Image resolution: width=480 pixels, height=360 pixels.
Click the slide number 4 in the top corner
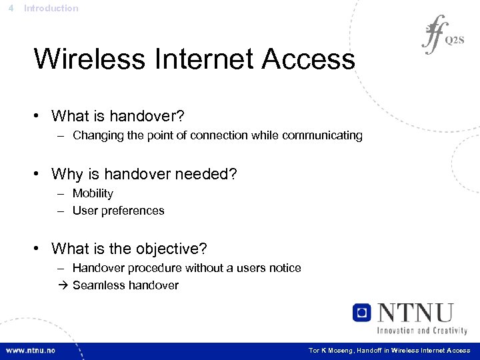pyautogui.click(x=11, y=9)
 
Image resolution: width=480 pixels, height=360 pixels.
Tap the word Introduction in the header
pyautogui.click(x=51, y=9)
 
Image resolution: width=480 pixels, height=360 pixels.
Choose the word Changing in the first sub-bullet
pyautogui.click(x=96, y=136)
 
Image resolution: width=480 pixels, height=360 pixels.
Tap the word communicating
pyautogui.click(x=322, y=136)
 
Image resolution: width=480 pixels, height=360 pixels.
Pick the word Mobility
pyautogui.click(x=93, y=194)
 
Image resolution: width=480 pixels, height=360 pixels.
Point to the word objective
pyautogui.click(x=171, y=249)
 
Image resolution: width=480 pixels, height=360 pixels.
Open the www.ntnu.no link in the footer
pyautogui.click(x=31, y=351)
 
